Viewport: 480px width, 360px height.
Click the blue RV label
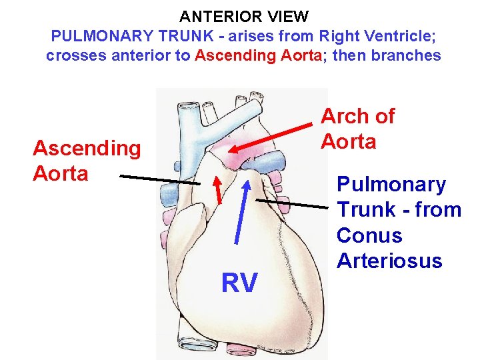[239, 283]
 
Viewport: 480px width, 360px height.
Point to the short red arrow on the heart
[218, 189]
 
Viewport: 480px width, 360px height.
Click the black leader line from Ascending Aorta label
[160, 179]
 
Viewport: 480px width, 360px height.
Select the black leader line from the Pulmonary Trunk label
[297, 204]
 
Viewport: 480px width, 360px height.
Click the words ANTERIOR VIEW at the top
[243, 16]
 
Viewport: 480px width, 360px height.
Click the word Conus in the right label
[369, 235]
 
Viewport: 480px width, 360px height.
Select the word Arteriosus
[389, 261]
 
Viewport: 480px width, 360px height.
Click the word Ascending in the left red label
[87, 148]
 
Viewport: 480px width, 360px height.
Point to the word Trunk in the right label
[367, 209]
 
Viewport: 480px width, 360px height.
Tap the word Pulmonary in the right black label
[391, 184]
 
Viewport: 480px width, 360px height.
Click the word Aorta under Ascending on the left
[61, 173]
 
